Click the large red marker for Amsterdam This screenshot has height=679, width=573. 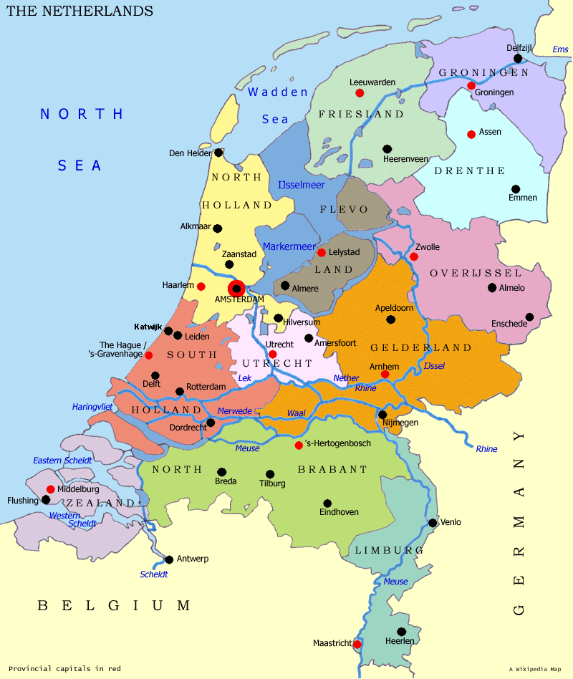tap(236, 288)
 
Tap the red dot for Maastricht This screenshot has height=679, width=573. tap(357, 644)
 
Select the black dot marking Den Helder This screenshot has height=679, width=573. tap(218, 153)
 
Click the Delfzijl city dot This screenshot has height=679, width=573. tap(518, 58)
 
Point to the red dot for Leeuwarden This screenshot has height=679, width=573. tap(360, 93)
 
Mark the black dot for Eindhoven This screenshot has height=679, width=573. tap(327, 503)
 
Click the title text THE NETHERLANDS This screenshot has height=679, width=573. tap(80, 11)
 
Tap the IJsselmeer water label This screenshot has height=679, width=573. tap(301, 185)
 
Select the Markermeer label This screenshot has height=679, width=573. tap(289, 246)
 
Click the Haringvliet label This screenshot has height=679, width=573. tap(92, 407)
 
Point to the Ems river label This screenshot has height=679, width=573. tap(559, 49)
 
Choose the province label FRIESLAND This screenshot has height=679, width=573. tap(361, 114)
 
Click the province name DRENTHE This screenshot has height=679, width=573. tap(470, 170)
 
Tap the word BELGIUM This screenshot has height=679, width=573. tap(114, 606)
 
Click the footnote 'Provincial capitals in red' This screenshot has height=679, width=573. tap(64, 668)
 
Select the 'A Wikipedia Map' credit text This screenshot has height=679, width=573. tap(535, 669)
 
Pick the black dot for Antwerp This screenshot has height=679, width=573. tap(169, 559)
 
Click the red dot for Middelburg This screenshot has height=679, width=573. tap(50, 489)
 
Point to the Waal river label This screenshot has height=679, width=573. tap(296, 413)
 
